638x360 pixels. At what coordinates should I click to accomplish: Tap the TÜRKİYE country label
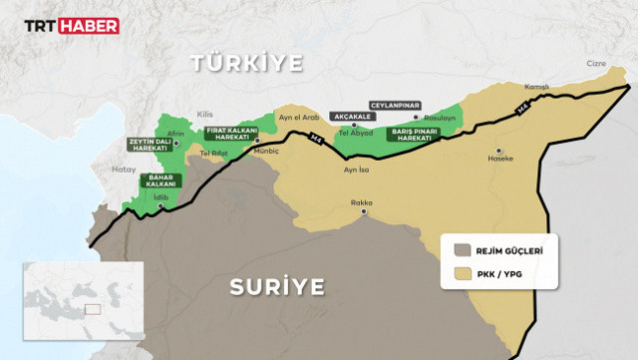click(x=247, y=64)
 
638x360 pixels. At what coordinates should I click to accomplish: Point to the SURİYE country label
click(x=276, y=288)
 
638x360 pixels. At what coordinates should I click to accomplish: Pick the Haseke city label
click(x=500, y=159)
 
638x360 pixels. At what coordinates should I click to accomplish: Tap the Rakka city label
click(x=361, y=203)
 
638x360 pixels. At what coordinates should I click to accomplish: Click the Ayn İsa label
click(x=356, y=170)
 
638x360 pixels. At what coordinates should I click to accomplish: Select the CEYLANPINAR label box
click(x=395, y=105)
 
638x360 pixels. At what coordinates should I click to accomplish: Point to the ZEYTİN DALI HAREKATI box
click(x=149, y=146)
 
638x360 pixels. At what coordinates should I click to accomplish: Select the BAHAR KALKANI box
click(x=161, y=180)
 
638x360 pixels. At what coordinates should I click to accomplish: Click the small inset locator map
click(x=85, y=301)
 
